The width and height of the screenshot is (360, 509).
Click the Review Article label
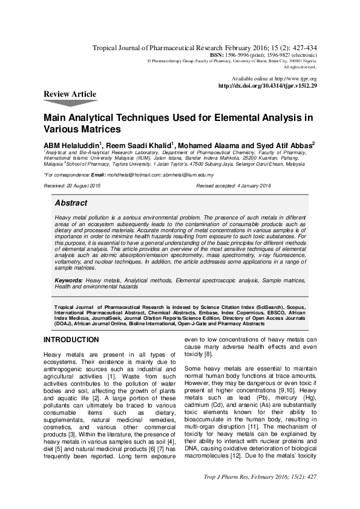(x=70, y=94)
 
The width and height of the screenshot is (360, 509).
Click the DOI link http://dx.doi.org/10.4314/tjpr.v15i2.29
(x=267, y=86)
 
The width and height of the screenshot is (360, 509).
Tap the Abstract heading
(x=71, y=203)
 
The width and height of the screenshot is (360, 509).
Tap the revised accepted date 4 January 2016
(x=249, y=186)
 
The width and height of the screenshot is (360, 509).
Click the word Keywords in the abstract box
(x=68, y=281)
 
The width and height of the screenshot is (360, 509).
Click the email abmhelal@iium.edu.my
(x=189, y=175)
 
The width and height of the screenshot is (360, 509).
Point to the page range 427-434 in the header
(x=303, y=47)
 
